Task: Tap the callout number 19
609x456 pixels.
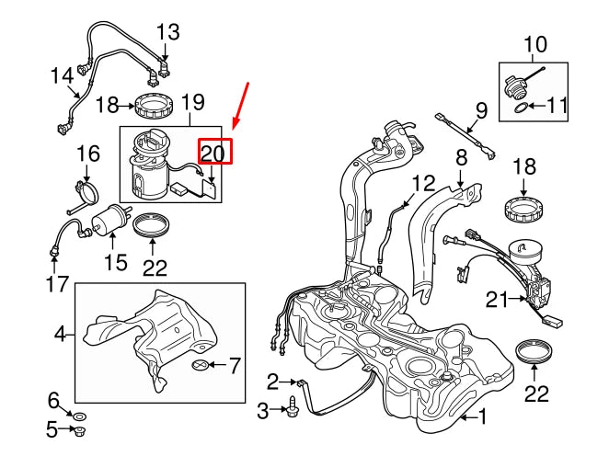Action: click(192, 103)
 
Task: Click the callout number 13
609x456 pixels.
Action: click(168, 33)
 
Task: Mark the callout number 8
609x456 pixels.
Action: click(462, 158)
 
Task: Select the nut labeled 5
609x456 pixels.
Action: click(80, 428)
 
